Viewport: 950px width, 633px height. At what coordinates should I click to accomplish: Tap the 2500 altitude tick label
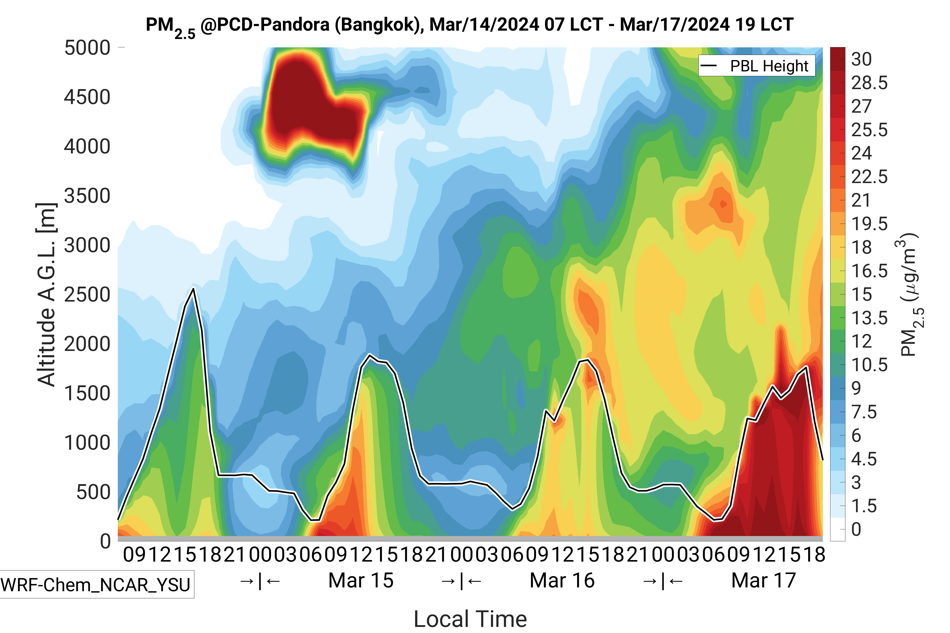87,295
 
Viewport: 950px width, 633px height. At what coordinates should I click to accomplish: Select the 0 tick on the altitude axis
105,541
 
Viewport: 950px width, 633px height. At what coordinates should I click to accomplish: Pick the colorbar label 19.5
869,224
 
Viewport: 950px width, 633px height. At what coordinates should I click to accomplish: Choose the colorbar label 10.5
869,365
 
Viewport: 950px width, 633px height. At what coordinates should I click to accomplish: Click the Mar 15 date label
361,581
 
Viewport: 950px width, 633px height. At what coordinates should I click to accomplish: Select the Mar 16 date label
562,581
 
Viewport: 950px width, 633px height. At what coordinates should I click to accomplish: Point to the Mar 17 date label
763,581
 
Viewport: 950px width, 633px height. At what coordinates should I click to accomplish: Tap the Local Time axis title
470,619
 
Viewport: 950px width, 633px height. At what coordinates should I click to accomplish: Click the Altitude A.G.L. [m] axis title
46,295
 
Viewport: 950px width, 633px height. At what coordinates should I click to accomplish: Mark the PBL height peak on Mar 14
194,289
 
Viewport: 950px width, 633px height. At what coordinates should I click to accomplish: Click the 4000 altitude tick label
87,147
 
